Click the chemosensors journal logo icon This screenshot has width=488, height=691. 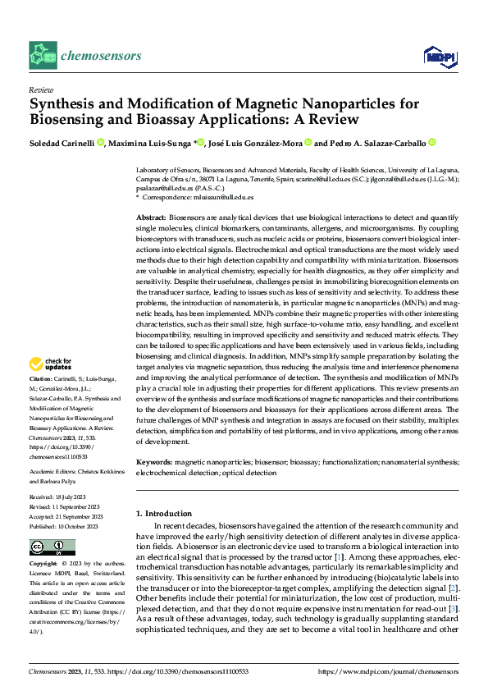click(x=43, y=56)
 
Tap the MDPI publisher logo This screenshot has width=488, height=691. click(x=439, y=56)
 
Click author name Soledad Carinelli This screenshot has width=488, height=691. click(x=62, y=143)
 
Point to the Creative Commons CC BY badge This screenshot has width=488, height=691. click(x=52, y=547)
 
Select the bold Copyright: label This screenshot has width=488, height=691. click(x=44, y=565)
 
